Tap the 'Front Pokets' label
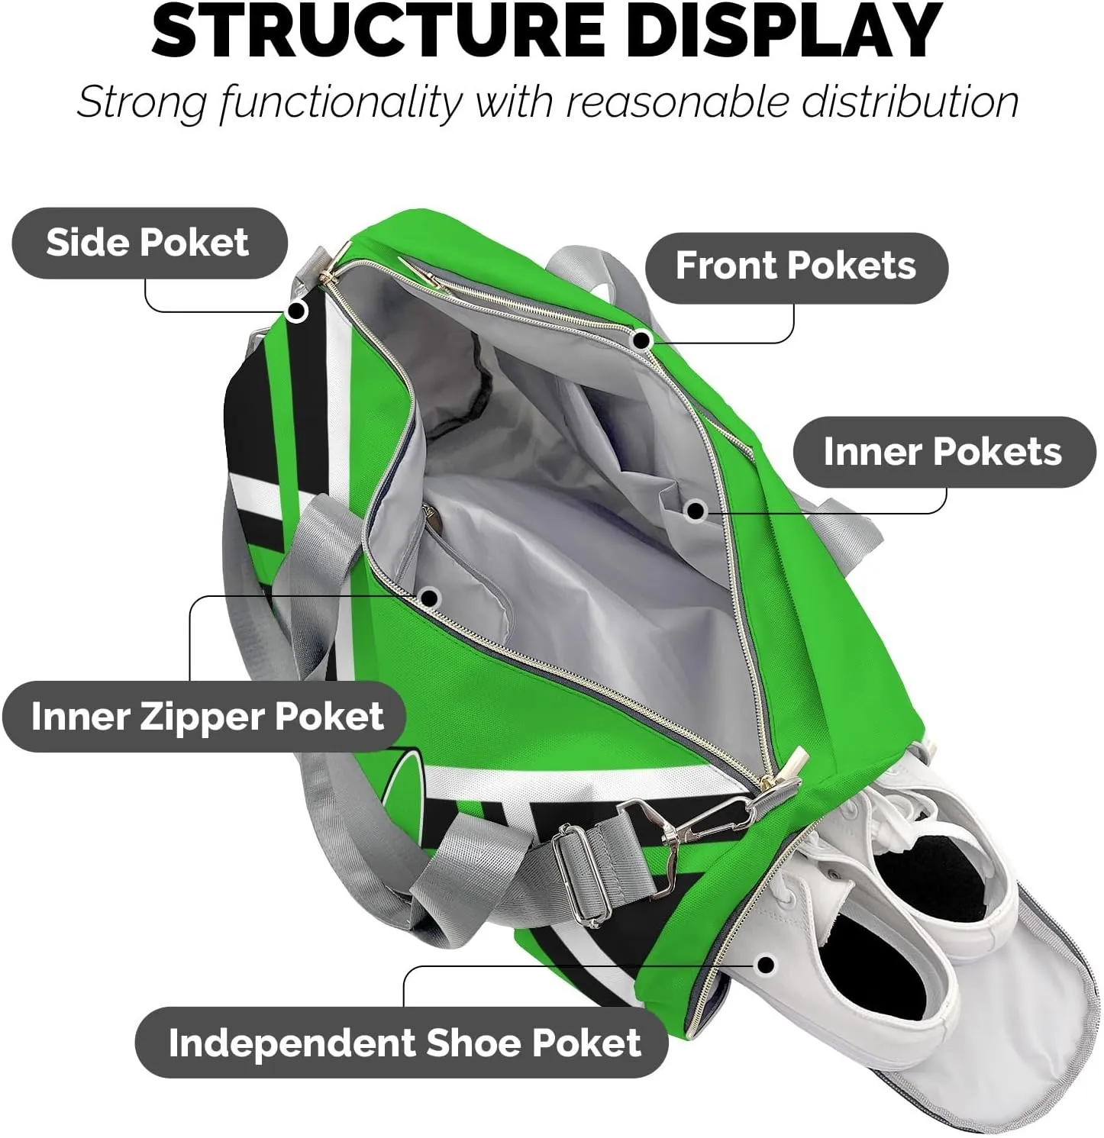[796, 266]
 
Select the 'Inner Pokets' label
[943, 452]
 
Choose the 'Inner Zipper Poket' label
[206, 717]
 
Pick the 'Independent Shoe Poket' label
[404, 1043]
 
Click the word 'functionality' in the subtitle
[341, 102]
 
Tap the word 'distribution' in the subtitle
[909, 102]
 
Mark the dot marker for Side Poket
[296, 311]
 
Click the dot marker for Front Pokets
[642, 340]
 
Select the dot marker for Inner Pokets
[695, 510]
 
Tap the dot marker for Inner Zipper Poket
[429, 598]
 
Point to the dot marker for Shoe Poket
[766, 965]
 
